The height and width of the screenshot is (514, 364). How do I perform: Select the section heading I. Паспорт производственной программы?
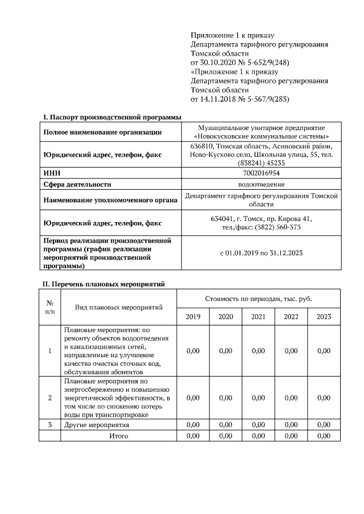click(x=112, y=117)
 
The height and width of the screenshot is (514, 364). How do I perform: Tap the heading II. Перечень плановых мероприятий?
click(x=105, y=283)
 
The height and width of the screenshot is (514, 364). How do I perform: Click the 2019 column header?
click(x=193, y=316)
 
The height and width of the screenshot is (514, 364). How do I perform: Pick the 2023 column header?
click(x=324, y=316)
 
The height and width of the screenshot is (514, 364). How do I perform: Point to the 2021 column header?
click(x=258, y=316)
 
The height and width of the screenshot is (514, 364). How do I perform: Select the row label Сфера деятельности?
click(x=77, y=184)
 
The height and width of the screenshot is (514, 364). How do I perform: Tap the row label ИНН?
click(x=52, y=173)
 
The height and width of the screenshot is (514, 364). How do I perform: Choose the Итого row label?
click(x=119, y=436)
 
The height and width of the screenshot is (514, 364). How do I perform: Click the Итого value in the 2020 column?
click(x=226, y=436)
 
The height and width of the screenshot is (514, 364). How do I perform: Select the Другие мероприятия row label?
click(x=97, y=425)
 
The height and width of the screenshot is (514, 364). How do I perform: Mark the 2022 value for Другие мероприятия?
click(x=291, y=425)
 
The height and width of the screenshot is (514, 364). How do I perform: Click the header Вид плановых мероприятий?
click(x=119, y=307)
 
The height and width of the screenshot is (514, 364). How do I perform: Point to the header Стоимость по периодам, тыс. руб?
click(x=258, y=298)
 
